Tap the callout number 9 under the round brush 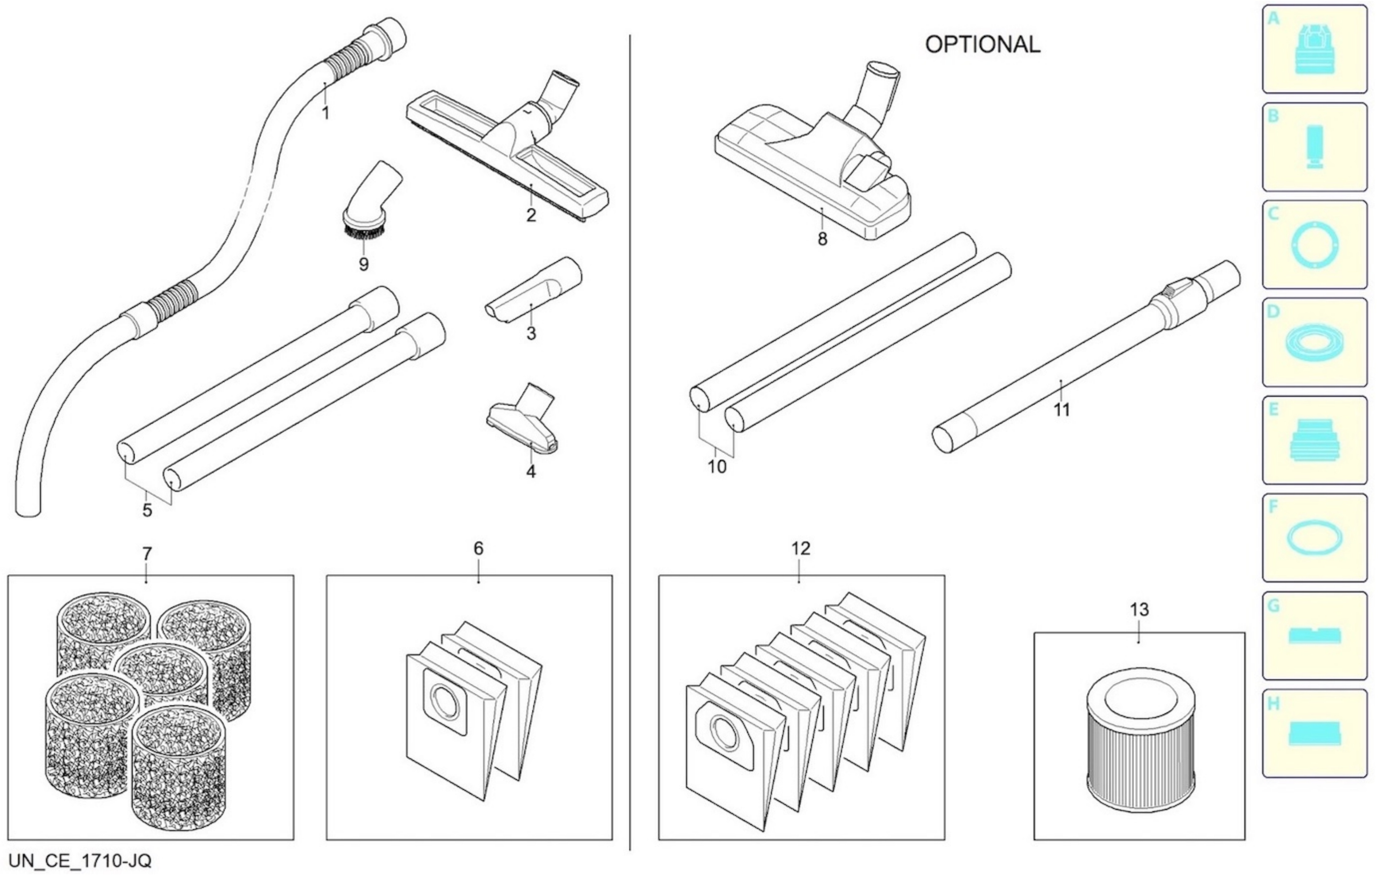point(363,264)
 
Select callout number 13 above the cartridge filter point(1139,610)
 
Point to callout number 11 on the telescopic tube point(1062,410)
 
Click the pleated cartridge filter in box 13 point(1140,744)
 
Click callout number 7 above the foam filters point(147,554)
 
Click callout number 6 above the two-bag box point(478,549)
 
